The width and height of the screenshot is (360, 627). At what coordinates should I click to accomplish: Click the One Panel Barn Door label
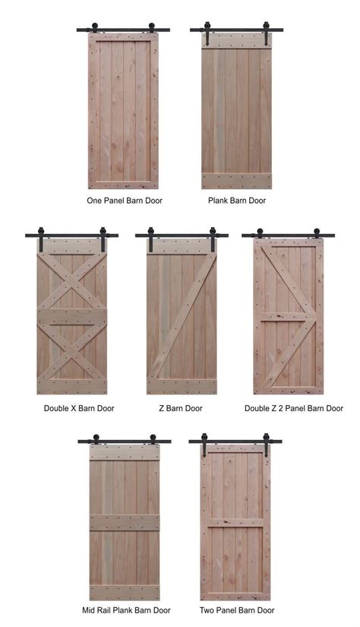tap(125, 201)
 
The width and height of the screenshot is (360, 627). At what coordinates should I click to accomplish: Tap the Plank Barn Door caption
tap(237, 201)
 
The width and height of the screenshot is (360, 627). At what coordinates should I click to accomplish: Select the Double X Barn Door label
tap(79, 408)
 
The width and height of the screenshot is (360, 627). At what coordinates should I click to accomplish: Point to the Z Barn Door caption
tap(181, 408)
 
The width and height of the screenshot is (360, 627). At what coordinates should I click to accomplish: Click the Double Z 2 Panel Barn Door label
tap(294, 408)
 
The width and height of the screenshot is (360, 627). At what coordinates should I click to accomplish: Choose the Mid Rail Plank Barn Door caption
tap(126, 610)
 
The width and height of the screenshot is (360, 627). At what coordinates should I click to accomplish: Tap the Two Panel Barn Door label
tap(237, 610)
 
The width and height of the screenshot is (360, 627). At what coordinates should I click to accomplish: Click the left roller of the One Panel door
tap(95, 27)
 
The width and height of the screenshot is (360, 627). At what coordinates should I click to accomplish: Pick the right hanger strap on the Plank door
tap(266, 33)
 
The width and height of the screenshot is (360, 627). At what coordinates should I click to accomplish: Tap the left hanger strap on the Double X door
tap(41, 239)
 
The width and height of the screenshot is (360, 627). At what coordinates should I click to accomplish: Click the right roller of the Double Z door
tap(317, 233)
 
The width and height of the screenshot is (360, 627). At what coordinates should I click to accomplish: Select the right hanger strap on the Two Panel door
tap(266, 445)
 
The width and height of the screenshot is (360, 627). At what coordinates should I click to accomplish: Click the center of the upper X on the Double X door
tap(72, 281)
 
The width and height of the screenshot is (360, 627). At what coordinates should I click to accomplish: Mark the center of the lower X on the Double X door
tap(72, 351)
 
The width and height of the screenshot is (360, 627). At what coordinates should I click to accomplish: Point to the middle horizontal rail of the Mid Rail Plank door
tap(125, 522)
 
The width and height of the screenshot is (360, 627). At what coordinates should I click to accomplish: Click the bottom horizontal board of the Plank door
tap(236, 181)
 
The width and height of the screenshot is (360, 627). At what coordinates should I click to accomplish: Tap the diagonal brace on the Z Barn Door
tap(182, 317)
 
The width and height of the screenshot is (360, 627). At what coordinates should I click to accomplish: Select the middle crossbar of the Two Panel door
tap(235, 522)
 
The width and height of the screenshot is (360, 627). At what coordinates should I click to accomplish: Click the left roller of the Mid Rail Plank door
tap(96, 439)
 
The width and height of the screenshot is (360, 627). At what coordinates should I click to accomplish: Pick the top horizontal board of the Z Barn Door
tap(182, 246)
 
